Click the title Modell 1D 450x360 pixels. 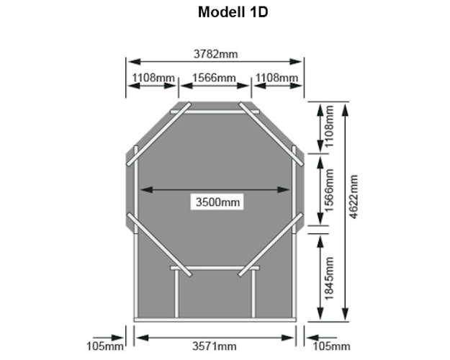click(x=233, y=12)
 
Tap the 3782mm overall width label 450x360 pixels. click(x=215, y=54)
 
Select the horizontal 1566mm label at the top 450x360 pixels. click(x=214, y=78)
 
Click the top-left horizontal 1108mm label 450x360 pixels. click(x=153, y=78)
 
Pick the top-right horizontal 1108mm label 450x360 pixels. click(x=276, y=78)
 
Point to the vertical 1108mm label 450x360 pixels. click(x=329, y=126)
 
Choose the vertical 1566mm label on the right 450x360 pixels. click(x=329, y=190)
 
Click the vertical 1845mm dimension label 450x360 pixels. click(x=329, y=278)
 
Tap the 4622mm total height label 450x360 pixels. click(x=354, y=197)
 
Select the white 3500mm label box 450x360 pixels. click(x=217, y=202)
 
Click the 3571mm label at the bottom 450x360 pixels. click(x=215, y=346)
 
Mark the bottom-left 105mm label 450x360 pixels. click(x=105, y=346)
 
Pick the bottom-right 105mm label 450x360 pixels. click(x=331, y=346)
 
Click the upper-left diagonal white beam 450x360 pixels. click(x=158, y=134)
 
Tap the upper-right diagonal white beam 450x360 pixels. click(x=271, y=134)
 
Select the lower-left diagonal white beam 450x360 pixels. click(x=159, y=245)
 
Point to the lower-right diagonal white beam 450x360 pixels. click(x=271, y=245)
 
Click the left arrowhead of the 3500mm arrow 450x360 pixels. click(x=146, y=189)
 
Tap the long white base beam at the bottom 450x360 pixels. click(x=215, y=320)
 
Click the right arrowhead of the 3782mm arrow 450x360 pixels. click(x=296, y=61)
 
